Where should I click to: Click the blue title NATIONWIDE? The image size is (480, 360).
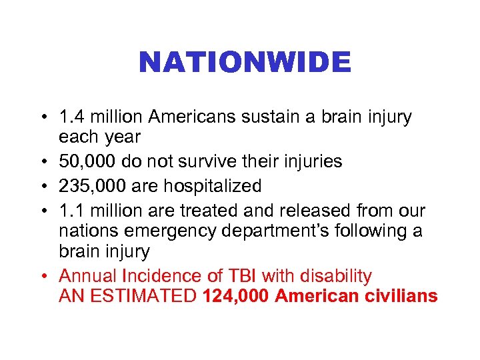tap(244, 63)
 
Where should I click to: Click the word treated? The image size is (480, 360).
tap(204, 211)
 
